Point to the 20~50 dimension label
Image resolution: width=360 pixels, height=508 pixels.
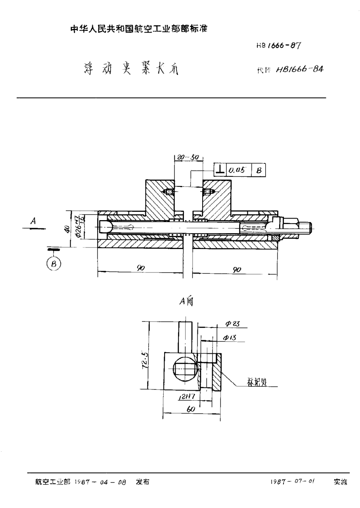click(188, 157)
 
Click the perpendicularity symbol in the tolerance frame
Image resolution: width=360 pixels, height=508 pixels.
click(219, 170)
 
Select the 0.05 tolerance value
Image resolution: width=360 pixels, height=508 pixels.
click(237, 171)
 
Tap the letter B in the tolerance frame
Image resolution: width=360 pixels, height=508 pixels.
click(258, 171)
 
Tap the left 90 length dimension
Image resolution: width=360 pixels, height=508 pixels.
click(140, 268)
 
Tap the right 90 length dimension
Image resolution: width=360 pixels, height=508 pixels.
click(237, 269)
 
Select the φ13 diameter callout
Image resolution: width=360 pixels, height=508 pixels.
click(230, 337)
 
